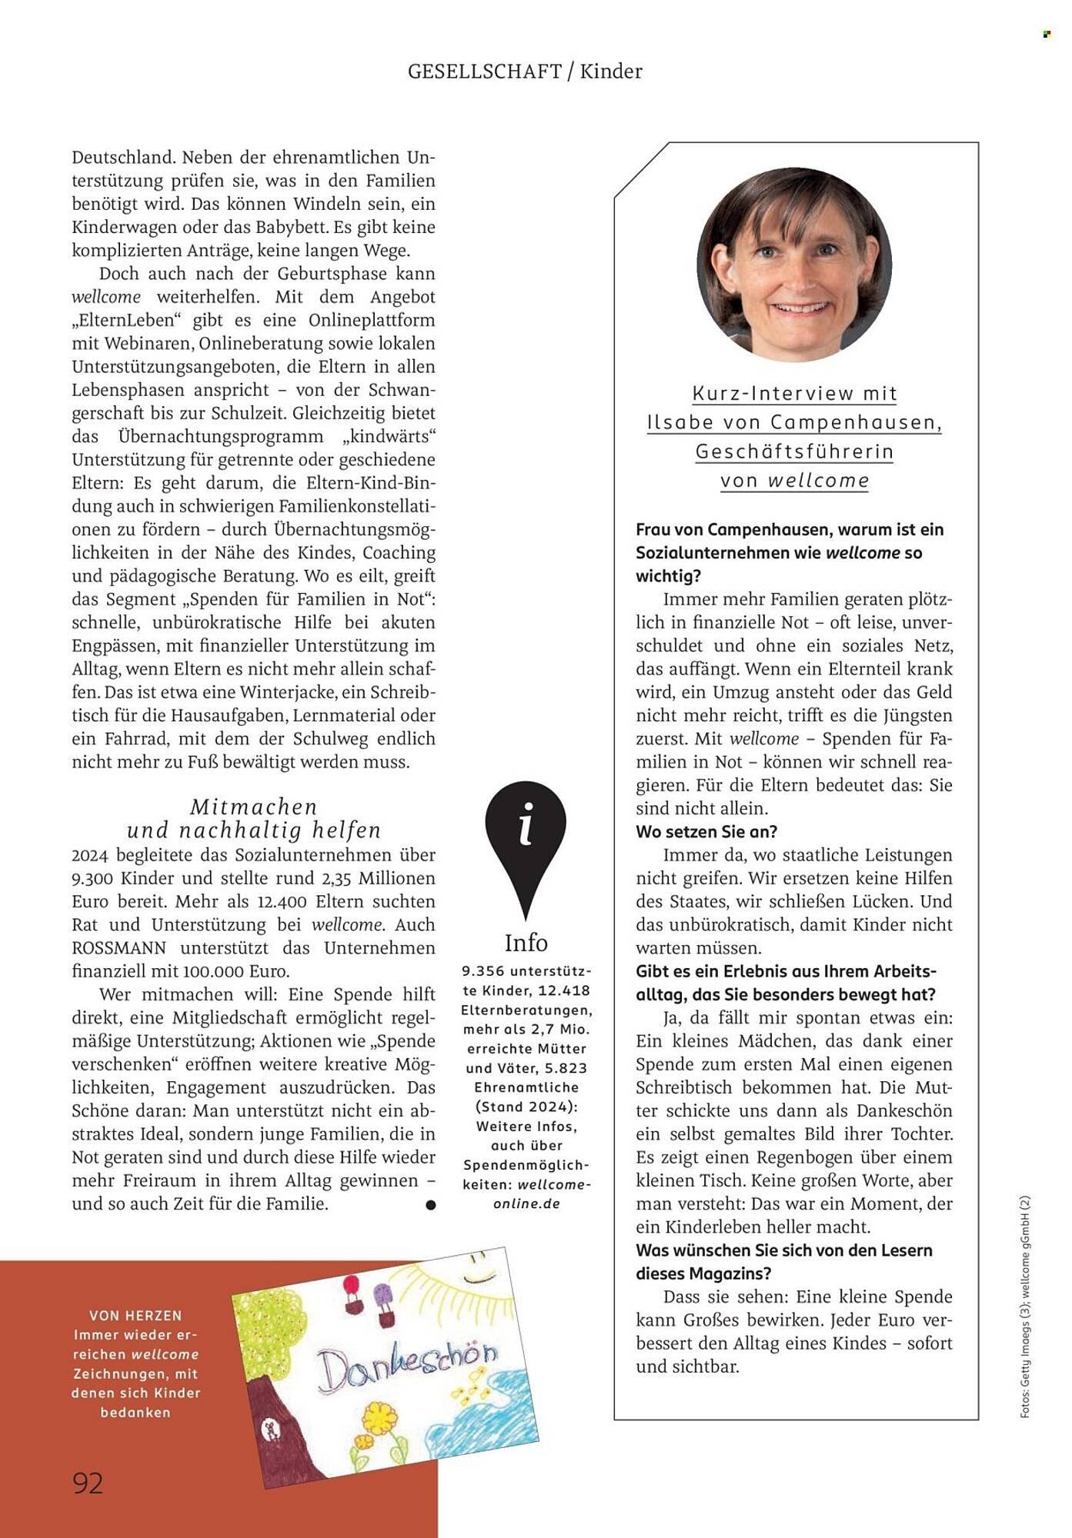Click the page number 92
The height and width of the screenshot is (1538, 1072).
click(x=88, y=1483)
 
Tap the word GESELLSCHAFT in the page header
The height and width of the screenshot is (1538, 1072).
click(x=485, y=72)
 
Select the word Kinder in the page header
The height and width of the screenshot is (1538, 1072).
click(x=611, y=72)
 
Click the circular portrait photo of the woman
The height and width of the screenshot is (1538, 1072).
click(x=794, y=265)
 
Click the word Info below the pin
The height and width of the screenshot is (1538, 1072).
click(x=526, y=943)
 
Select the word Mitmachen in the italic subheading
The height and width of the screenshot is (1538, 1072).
click(x=254, y=807)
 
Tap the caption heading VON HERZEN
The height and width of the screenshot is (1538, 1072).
click(x=135, y=1316)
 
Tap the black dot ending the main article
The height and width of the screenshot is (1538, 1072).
click(x=431, y=1205)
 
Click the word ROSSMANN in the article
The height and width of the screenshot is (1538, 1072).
click(x=119, y=948)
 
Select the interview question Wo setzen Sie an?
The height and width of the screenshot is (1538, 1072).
click(x=706, y=831)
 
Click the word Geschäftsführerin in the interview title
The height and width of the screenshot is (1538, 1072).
click(x=794, y=451)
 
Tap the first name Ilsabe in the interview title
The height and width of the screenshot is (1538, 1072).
click(x=680, y=422)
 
